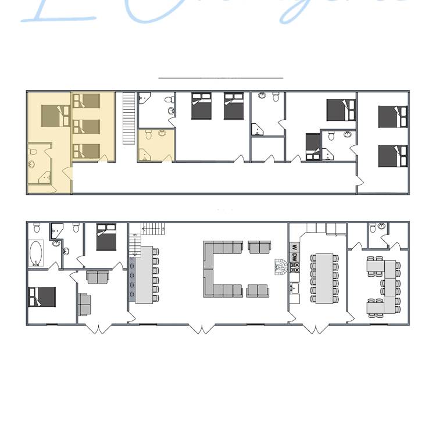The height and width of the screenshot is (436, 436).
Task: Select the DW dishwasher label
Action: (295, 256)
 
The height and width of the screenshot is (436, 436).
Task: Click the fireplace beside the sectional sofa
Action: (281, 267)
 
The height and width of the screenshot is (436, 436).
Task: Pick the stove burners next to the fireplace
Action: (295, 267)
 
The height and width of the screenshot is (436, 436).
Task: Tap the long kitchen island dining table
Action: (321, 277)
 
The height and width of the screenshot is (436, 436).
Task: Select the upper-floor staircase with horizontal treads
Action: (128, 119)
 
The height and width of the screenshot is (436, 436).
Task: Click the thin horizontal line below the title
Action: (220, 77)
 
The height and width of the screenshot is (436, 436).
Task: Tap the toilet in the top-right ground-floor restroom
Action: (381, 226)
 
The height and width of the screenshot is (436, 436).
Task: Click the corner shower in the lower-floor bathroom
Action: (56, 230)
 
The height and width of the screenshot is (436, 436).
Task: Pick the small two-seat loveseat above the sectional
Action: (258, 248)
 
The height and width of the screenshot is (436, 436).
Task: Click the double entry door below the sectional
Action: (201, 329)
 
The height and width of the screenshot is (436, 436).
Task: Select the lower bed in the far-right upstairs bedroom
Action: (393, 155)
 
